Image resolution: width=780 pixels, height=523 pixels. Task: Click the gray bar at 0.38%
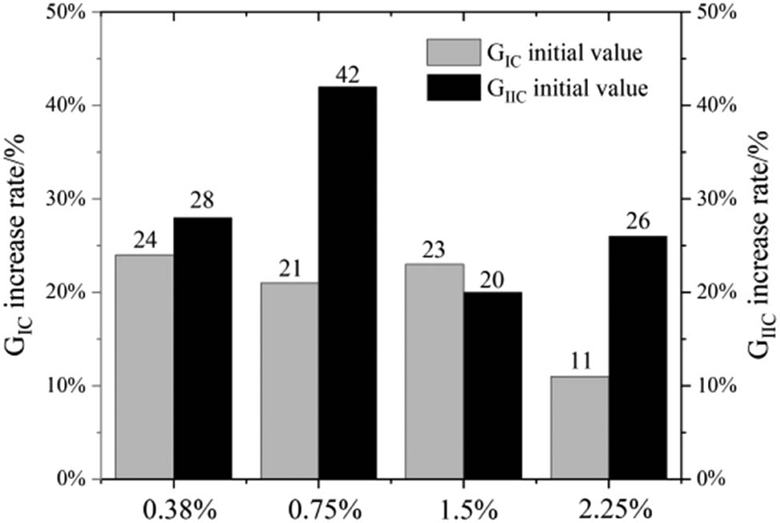(144, 367)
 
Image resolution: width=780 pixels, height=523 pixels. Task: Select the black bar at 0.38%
(202, 348)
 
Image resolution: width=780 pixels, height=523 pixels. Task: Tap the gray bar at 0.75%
(290, 381)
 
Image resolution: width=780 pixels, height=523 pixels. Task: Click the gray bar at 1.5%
(434, 371)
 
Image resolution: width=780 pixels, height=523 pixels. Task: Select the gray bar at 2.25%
(580, 427)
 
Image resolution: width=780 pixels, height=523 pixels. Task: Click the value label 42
(347, 76)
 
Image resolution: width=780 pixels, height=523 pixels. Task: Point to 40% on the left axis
(75, 106)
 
